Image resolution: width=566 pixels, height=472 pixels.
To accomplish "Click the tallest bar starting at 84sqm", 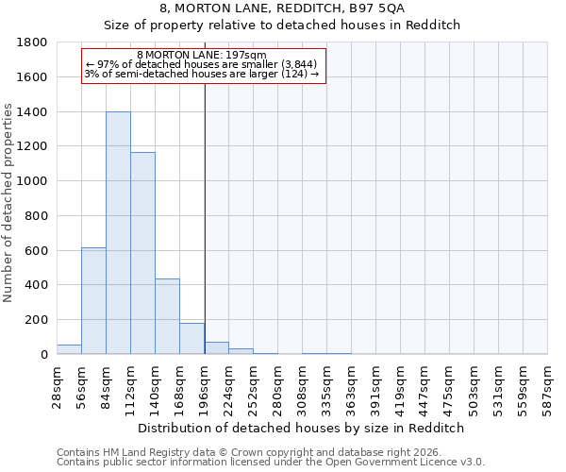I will click(118, 233).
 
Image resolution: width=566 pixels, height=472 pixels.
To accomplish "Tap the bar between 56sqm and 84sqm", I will click(93, 300).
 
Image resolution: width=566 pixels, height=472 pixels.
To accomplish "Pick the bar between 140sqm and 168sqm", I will click(167, 316).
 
